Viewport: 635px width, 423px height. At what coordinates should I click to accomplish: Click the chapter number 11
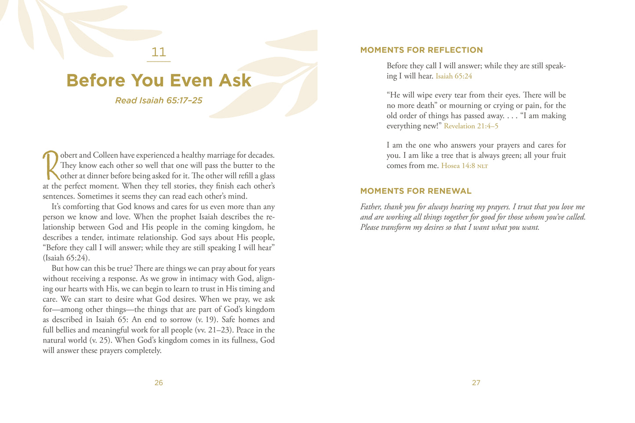[x=159, y=52]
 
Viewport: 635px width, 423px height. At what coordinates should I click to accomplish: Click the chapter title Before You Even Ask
[x=159, y=80]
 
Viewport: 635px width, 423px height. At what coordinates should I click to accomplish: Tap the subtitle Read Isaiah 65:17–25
[x=159, y=101]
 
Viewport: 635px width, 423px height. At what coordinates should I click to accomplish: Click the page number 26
[x=159, y=383]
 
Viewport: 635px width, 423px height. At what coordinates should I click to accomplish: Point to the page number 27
[x=476, y=383]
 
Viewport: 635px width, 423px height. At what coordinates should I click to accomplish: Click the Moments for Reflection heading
[x=421, y=50]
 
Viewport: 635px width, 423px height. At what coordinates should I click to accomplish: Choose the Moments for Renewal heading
[x=416, y=191]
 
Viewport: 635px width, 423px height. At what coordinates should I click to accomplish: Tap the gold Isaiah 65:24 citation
[x=454, y=76]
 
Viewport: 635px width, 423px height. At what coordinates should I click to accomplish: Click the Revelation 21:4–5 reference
[x=471, y=127]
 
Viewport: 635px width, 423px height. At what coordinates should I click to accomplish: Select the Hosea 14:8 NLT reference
[x=464, y=166]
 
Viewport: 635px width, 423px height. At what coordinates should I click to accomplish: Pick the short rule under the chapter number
[x=159, y=61]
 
